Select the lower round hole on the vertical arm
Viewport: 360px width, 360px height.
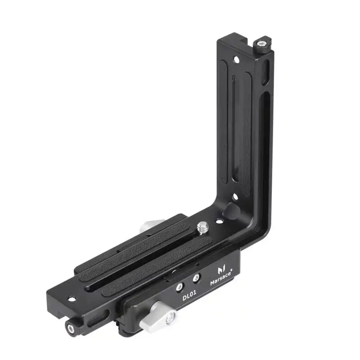(235, 197)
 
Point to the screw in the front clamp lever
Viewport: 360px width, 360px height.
(171, 318)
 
